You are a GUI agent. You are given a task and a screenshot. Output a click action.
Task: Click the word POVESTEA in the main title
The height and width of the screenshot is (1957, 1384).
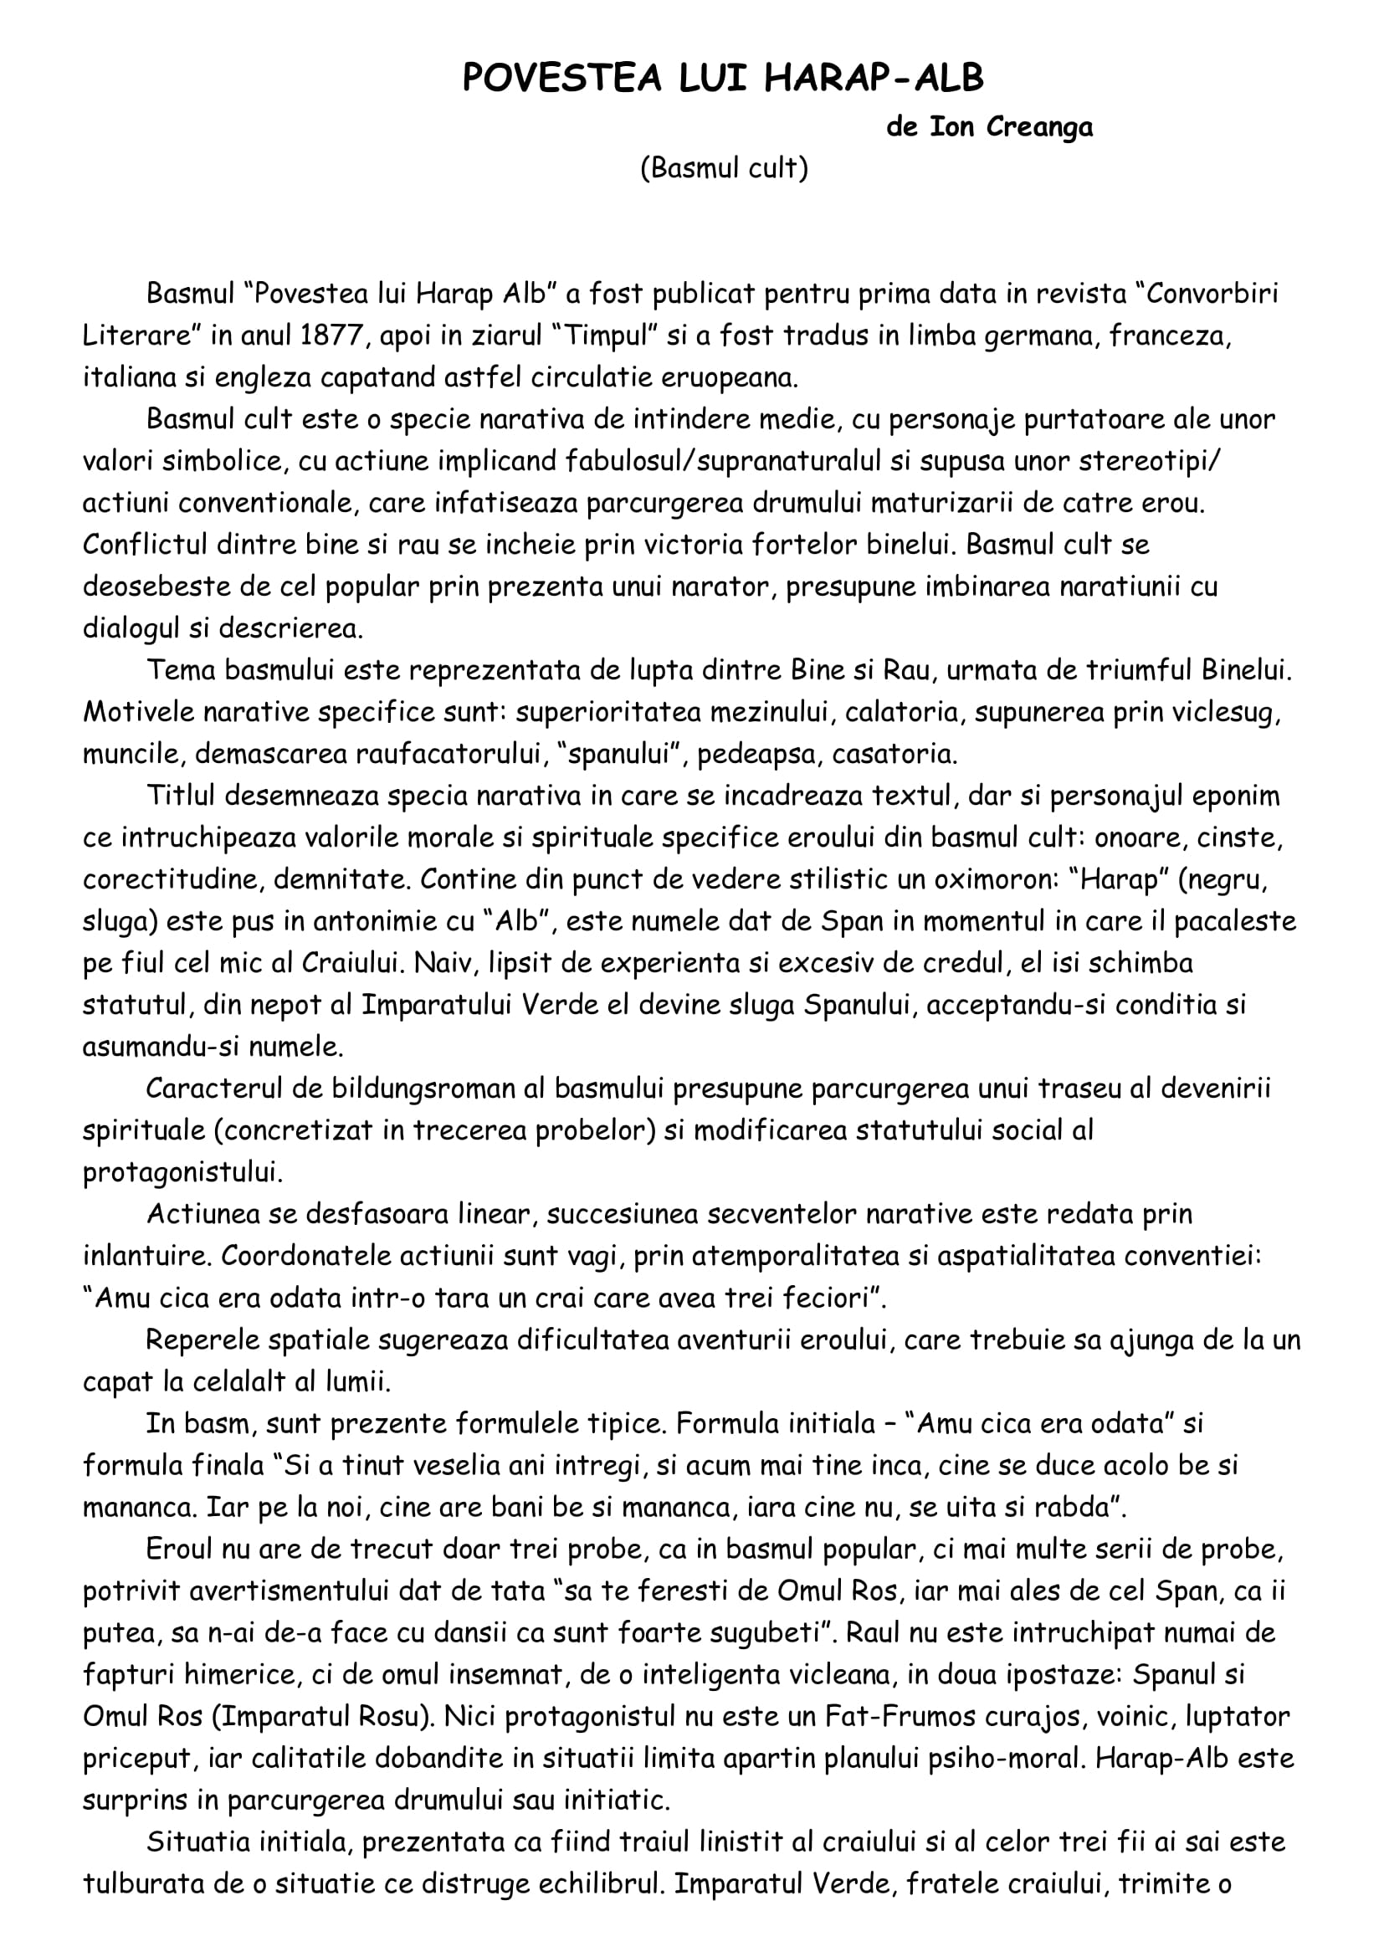(561, 79)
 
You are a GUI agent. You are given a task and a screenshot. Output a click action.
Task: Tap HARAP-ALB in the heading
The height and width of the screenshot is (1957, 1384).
(874, 79)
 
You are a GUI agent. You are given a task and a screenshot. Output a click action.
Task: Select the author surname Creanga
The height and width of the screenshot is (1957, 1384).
(1040, 128)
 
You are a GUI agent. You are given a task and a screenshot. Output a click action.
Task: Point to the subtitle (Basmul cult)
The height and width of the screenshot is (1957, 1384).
(724, 169)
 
